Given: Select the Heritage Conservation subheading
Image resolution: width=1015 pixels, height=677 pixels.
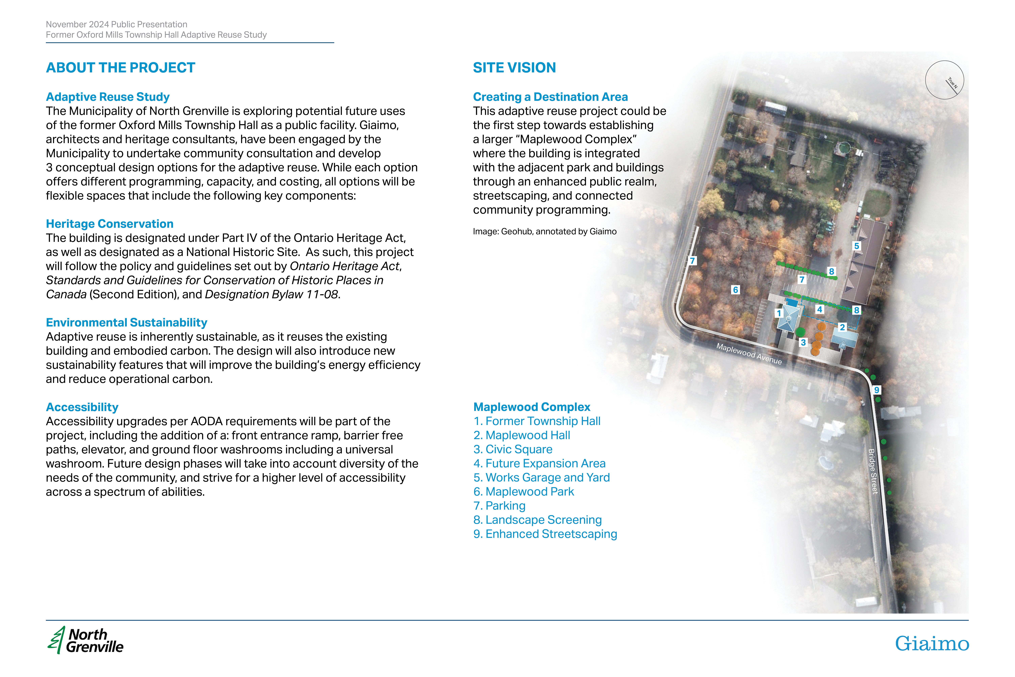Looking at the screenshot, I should (x=110, y=224).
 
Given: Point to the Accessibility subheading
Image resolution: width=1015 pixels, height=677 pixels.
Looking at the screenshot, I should (x=82, y=407).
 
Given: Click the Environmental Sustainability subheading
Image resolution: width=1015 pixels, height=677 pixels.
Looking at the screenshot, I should (x=126, y=323).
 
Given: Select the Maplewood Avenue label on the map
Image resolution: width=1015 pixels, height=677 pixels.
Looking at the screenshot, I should (x=749, y=354).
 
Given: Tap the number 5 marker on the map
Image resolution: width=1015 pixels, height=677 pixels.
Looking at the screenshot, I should (x=857, y=246).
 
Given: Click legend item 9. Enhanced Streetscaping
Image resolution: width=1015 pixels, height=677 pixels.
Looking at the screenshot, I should (x=545, y=534).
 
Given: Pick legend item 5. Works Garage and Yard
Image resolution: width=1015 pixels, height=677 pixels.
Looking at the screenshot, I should (x=542, y=477).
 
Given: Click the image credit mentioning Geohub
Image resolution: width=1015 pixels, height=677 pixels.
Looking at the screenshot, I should (x=545, y=231).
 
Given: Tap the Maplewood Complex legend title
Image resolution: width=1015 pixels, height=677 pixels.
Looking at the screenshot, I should (x=532, y=407).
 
